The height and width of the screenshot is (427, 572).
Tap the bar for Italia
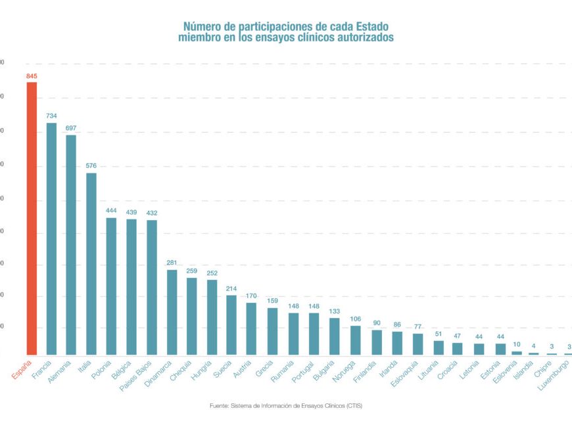coord(91,263)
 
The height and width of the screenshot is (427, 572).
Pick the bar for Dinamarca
coord(172,312)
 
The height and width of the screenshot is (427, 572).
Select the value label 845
coord(32,76)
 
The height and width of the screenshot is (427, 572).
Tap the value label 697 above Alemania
coord(72,129)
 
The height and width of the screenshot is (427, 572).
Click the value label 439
coord(131,212)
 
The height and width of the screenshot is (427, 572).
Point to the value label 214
coord(231,288)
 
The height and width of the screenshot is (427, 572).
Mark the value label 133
coord(335,312)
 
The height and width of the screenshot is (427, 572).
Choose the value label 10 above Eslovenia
coord(517,344)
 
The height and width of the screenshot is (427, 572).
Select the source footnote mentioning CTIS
coord(286,406)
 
